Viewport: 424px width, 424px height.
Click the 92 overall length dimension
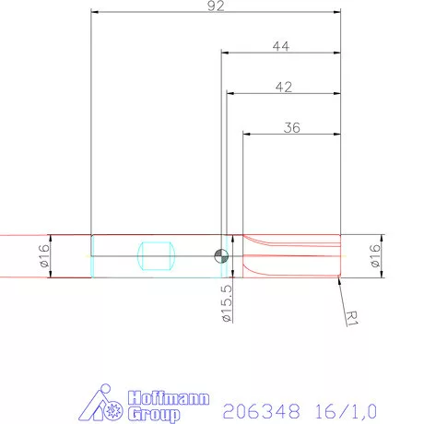pos(218,6)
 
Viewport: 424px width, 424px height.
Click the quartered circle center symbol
pos(220,256)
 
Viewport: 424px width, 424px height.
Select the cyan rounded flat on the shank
pos(155,255)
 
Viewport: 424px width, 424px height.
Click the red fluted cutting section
pos(290,255)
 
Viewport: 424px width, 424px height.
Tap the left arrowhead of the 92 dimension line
pos(94,12)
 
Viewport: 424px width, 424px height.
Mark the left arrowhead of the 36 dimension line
pos(246,135)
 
